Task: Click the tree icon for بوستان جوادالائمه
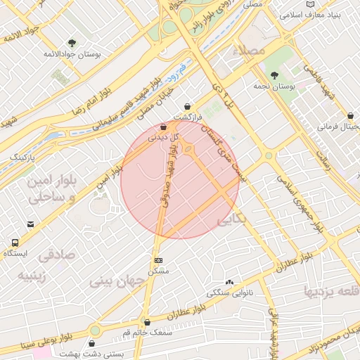[72, 43]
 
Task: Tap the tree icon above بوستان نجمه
[274, 75]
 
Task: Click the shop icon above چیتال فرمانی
[349, 115]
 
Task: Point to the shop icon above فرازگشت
[188, 106]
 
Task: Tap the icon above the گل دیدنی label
[164, 127]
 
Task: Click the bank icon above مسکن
[157, 259]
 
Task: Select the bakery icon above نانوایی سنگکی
[229, 281]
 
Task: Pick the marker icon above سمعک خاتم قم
[146, 321]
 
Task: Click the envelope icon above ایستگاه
[30, 225]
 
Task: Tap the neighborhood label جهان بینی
[117, 281]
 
